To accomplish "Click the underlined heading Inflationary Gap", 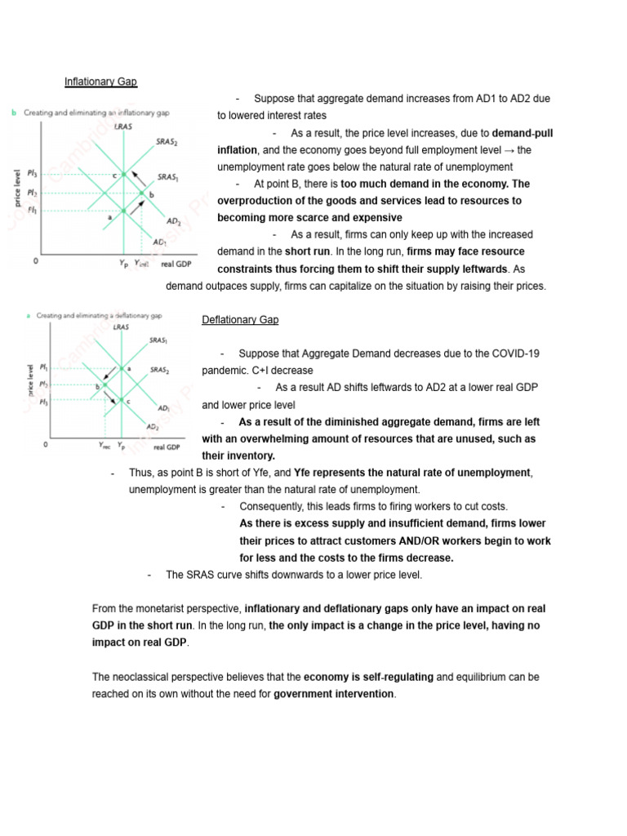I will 101,82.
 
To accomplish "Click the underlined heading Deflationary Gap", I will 240,320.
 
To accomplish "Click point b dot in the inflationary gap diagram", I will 141,193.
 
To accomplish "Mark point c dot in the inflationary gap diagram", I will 123,175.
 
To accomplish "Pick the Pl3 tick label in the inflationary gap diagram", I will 32,173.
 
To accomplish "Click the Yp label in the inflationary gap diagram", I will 123,263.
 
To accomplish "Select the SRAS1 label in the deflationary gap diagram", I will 158,340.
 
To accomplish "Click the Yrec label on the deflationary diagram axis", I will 105,446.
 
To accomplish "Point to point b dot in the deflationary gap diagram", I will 104,385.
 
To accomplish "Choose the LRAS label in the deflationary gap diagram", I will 122,327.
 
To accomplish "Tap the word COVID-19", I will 514,354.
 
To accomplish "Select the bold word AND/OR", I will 444,540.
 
